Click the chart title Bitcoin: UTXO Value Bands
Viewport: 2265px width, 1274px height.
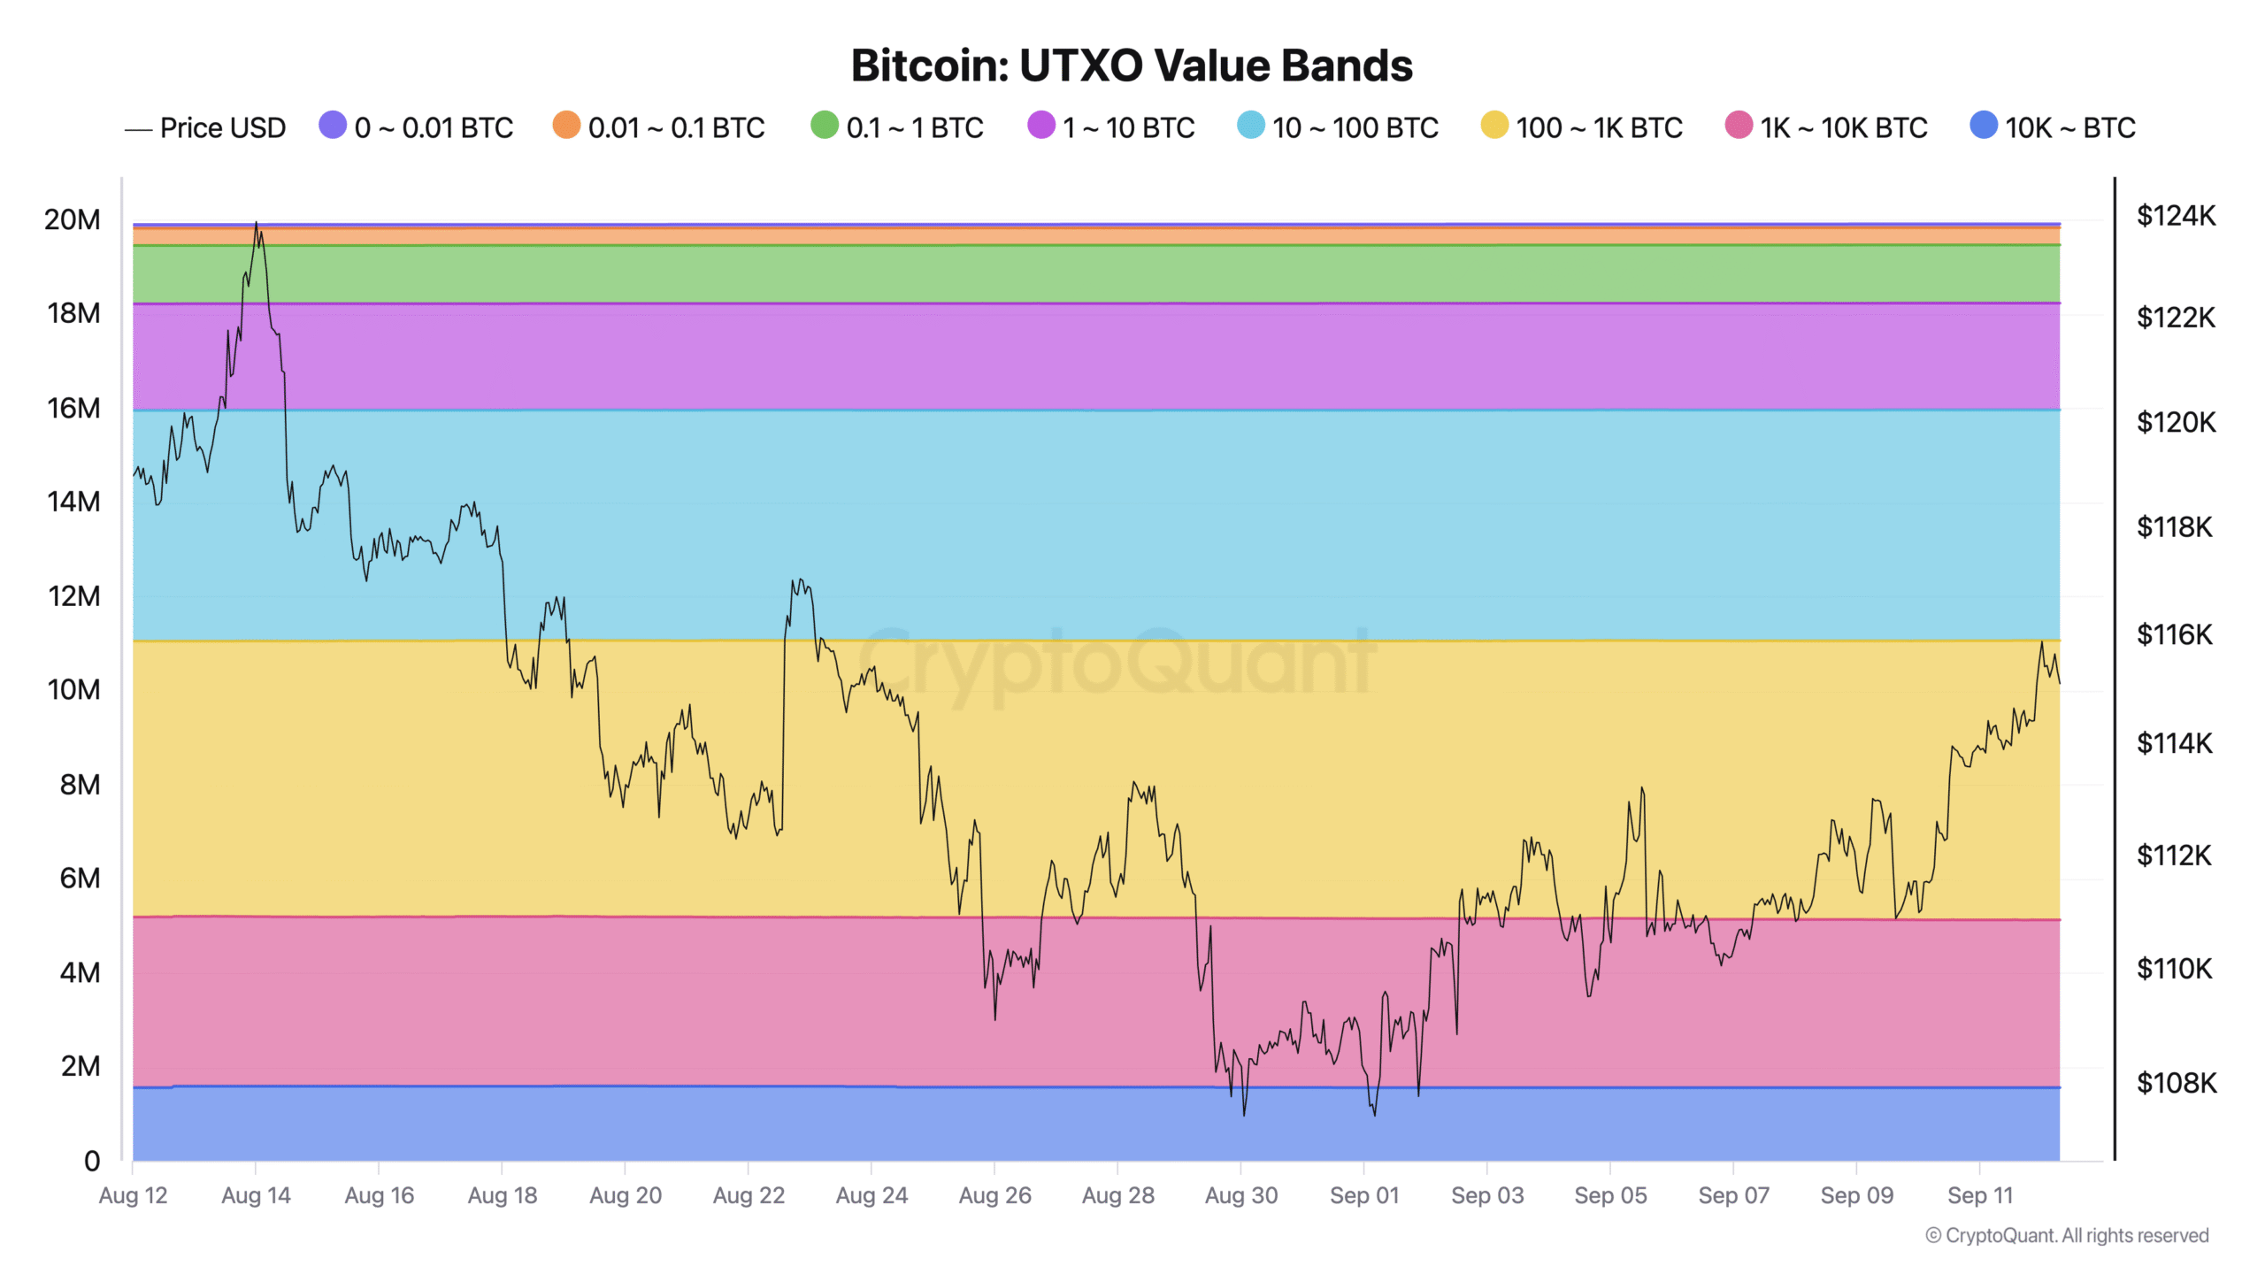1132,65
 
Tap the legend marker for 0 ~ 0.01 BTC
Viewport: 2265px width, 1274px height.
333,126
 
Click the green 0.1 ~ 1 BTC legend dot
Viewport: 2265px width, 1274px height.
824,126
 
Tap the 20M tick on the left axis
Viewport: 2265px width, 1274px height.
73,219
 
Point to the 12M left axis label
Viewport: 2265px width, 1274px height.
73,596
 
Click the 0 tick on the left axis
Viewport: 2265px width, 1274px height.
92,1161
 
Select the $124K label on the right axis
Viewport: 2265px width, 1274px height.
2176,215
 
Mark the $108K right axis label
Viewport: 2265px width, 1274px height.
2176,1082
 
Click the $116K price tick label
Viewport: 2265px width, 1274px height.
2174,634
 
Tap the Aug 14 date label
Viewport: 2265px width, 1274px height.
256,1195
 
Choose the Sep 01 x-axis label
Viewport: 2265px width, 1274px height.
1364,1195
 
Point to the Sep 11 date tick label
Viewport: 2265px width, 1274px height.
1980,1195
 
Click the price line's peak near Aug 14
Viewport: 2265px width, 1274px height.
257,223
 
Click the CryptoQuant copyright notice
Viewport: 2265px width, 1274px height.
2068,1235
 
